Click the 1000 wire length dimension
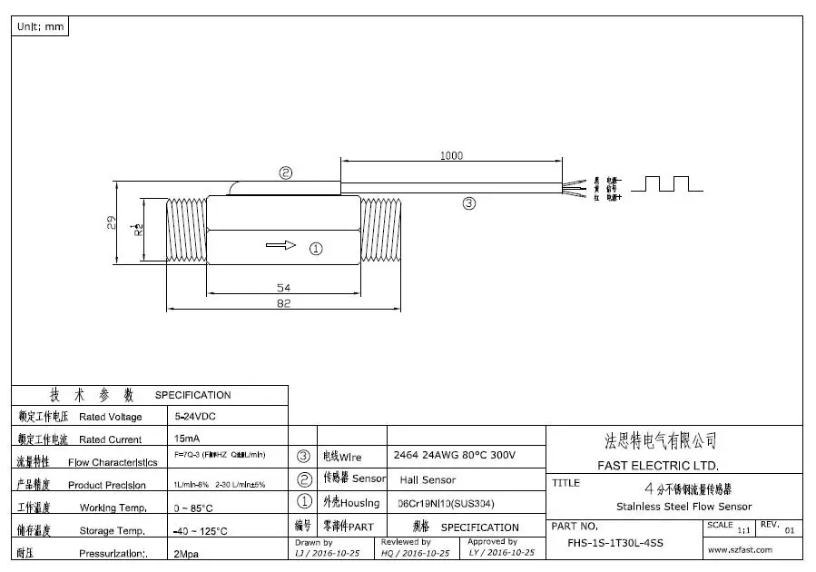[x=451, y=155]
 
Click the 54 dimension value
[x=283, y=288]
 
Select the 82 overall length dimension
[x=283, y=304]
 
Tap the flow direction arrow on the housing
[x=282, y=245]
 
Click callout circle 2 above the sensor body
[x=286, y=173]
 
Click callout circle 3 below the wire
[x=469, y=203]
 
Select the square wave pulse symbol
[x=667, y=183]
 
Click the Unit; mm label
[x=41, y=26]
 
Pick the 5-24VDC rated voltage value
[x=195, y=417]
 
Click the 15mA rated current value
[x=188, y=439]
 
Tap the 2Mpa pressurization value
[x=187, y=552]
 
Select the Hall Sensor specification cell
[x=428, y=479]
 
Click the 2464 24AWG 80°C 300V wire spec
[x=455, y=455]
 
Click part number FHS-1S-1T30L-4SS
[x=615, y=543]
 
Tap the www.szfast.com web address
[x=740, y=549]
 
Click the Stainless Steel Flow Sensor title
[x=683, y=507]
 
